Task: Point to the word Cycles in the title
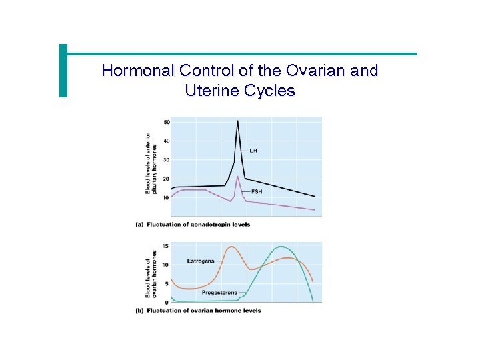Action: click(x=269, y=91)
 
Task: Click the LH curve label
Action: click(x=253, y=151)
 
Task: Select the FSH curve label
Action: click(x=257, y=191)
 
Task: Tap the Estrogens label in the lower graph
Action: click(x=201, y=261)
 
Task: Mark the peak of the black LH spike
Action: click(x=238, y=121)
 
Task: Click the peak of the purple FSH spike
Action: click(x=238, y=176)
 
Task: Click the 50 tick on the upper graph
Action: click(x=166, y=122)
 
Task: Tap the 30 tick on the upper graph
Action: click(x=166, y=160)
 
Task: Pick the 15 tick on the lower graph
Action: click(x=166, y=247)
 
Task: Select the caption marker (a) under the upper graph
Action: click(x=140, y=225)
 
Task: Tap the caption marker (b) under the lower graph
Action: click(x=140, y=311)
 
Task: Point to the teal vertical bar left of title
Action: click(x=63, y=71)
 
